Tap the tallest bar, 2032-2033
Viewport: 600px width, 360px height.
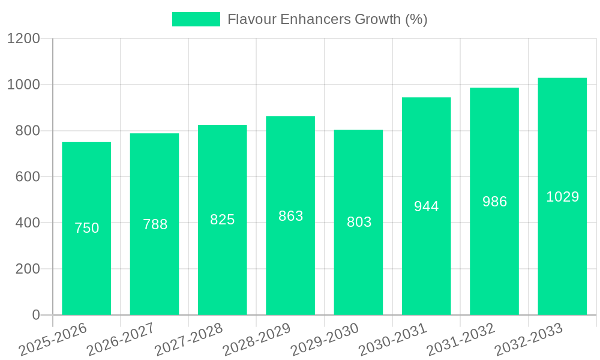click(562, 252)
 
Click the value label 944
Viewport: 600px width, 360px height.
click(427, 206)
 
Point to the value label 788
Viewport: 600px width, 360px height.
click(155, 224)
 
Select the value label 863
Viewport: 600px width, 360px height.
click(291, 216)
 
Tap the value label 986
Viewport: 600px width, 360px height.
click(494, 202)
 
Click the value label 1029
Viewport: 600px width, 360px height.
click(562, 197)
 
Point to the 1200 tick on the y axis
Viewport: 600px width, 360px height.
click(23, 39)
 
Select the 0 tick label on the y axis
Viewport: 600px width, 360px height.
click(35, 315)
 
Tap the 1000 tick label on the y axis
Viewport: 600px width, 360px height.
click(23, 85)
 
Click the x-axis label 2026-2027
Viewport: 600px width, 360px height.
click(121, 339)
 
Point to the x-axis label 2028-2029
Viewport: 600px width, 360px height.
click(257, 339)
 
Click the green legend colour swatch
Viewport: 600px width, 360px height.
click(196, 19)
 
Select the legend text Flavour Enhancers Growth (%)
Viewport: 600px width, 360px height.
click(327, 19)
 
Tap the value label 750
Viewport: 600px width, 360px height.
click(86, 228)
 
